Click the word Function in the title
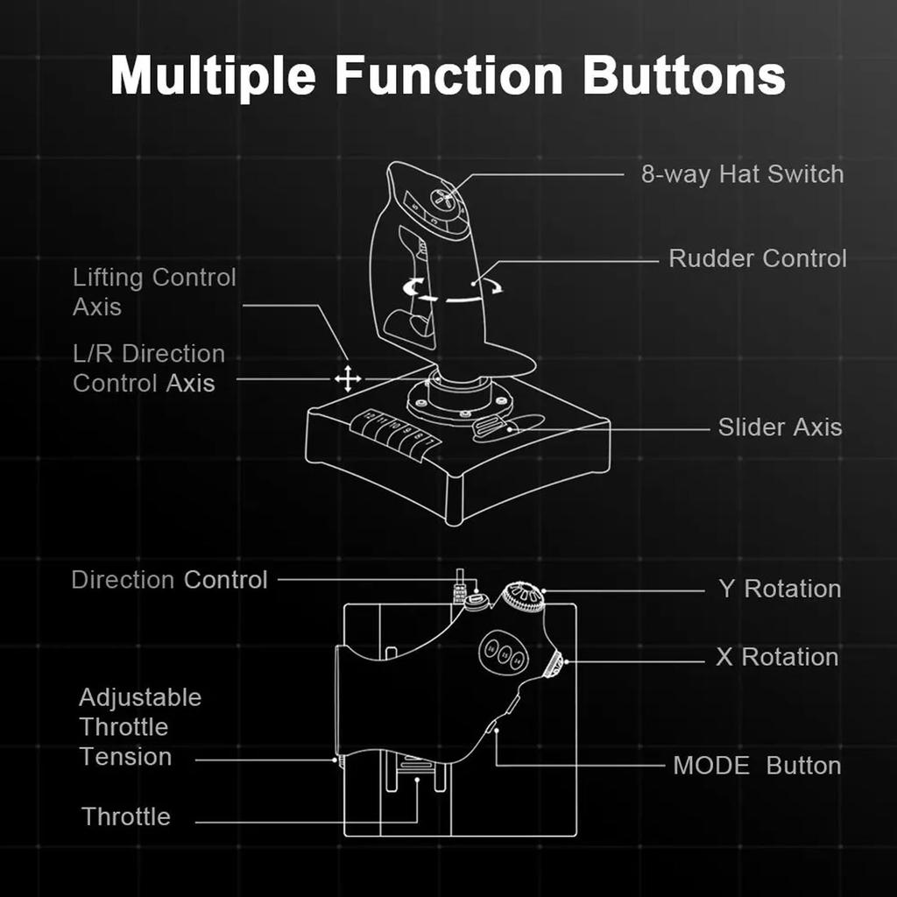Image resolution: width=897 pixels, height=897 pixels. tap(448, 76)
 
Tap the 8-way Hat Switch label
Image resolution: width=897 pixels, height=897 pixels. tap(742, 173)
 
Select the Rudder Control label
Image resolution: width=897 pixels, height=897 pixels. tap(757, 258)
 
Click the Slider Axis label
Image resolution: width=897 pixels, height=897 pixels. tap(780, 427)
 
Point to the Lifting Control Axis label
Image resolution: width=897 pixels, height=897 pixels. tap(154, 293)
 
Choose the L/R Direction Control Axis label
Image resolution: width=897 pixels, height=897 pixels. tap(149, 369)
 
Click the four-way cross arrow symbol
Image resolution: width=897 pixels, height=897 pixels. tap(348, 378)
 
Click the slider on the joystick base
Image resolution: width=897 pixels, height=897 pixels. tap(491, 427)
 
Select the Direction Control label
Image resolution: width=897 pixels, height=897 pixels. tap(169, 580)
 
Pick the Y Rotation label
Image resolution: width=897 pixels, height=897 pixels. tap(780, 589)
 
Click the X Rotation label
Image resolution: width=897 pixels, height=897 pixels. tap(777, 657)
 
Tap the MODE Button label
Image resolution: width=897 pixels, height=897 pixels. tap(757, 766)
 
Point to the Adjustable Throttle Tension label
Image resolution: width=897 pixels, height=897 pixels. tap(140, 727)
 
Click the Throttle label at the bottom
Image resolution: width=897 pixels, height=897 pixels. tap(126, 816)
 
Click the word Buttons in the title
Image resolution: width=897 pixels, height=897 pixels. tap(684, 76)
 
